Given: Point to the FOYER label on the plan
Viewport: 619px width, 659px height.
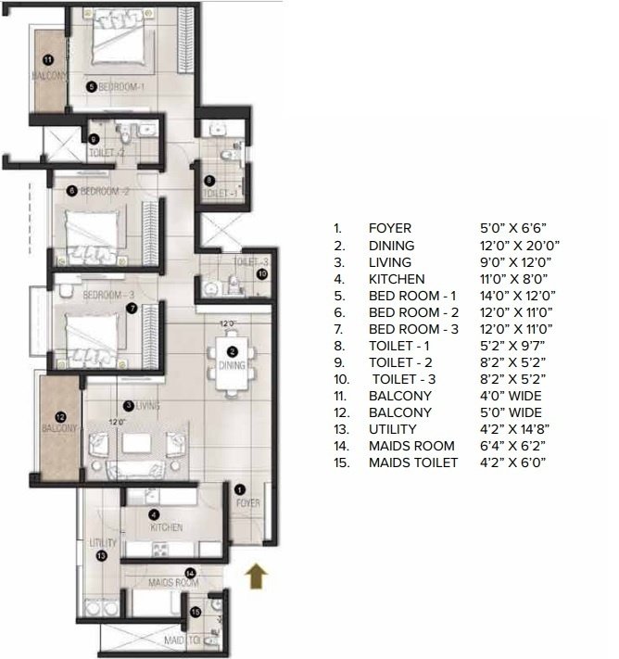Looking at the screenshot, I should point(247,503).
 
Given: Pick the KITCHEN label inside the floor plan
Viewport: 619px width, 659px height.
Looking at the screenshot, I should point(167,526).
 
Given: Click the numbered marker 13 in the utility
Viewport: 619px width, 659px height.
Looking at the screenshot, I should point(102,555).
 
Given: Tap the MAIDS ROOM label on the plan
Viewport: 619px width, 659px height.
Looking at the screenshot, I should point(173,583).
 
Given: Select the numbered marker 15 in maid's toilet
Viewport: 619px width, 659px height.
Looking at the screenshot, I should point(195,613).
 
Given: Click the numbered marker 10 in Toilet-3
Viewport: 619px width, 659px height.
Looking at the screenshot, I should point(262,274).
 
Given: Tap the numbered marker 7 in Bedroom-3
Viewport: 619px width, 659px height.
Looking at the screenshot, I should point(132,309).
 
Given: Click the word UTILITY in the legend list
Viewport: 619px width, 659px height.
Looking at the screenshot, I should point(392,429).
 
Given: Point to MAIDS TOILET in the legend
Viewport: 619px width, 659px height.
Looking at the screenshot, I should point(413,463).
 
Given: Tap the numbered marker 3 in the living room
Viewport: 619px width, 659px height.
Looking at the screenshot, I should point(128,405).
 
